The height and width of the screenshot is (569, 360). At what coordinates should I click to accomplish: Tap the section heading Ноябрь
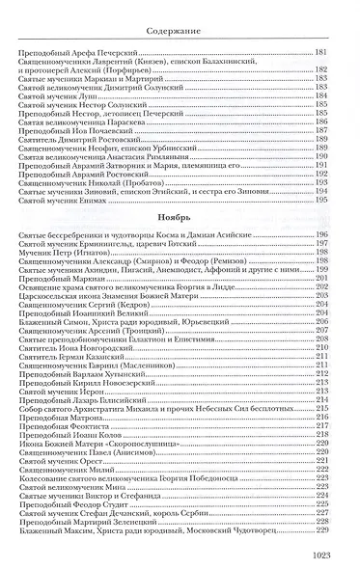click(180, 218)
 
